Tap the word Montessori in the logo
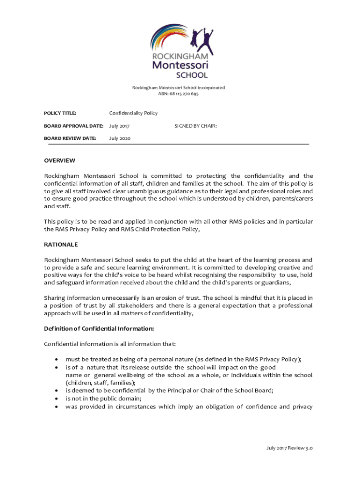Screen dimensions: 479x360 pos(180,65)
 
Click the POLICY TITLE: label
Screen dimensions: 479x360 pos(60,113)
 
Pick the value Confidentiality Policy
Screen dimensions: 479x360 pos(133,113)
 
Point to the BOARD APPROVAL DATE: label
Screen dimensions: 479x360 pos(73,126)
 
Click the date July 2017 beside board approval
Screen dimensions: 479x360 pos(119,126)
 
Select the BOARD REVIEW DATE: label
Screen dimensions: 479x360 pos(70,138)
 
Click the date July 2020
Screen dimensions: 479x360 pos(120,138)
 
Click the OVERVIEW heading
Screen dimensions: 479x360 pos(59,161)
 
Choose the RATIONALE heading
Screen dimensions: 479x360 pos(61,245)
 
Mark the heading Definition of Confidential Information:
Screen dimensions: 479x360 pos(99,329)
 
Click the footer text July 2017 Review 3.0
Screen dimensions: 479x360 pos(289,448)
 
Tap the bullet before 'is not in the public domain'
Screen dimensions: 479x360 pos(57,399)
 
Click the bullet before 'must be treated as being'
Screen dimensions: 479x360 pos(57,360)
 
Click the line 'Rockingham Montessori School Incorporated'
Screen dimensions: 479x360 pos(178,87)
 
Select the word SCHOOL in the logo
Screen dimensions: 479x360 pos(191,75)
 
